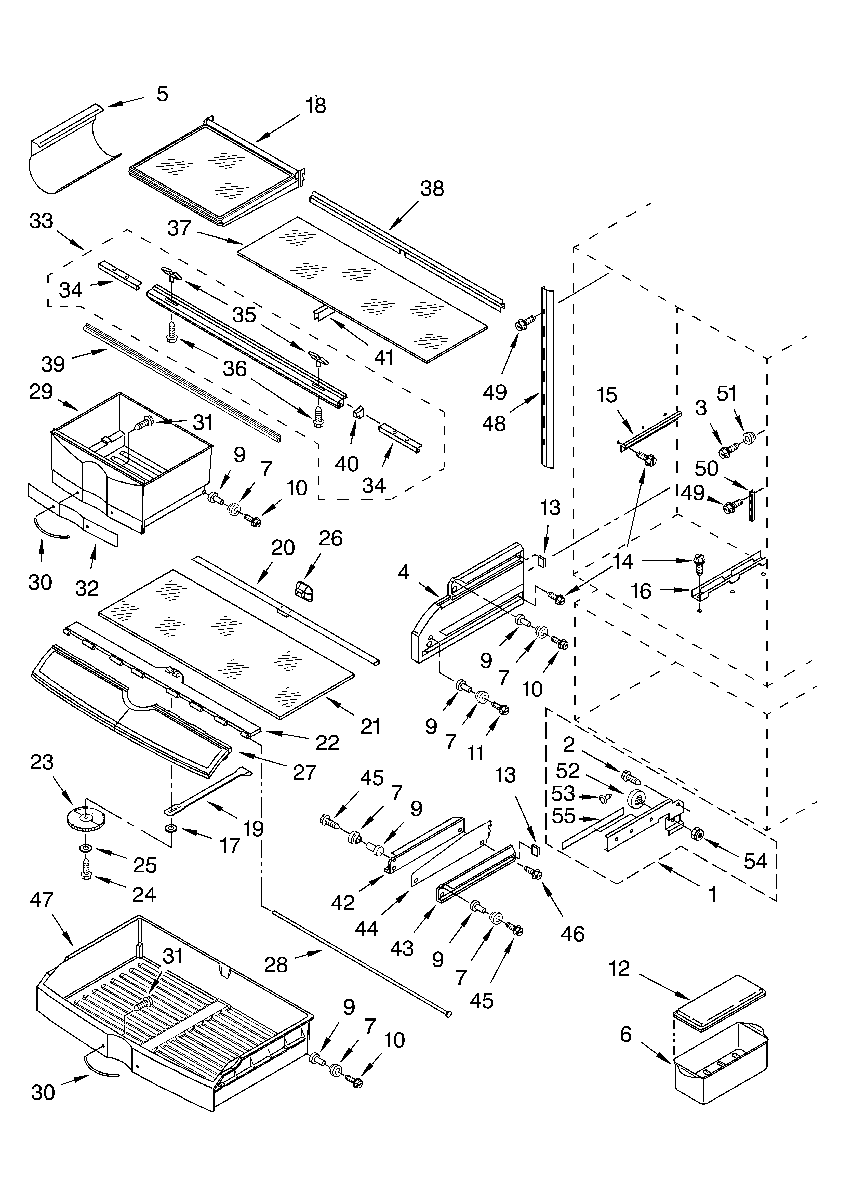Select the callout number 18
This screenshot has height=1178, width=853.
[x=315, y=105]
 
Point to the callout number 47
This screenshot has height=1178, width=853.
[x=42, y=899]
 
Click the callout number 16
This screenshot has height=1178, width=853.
[x=642, y=591]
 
